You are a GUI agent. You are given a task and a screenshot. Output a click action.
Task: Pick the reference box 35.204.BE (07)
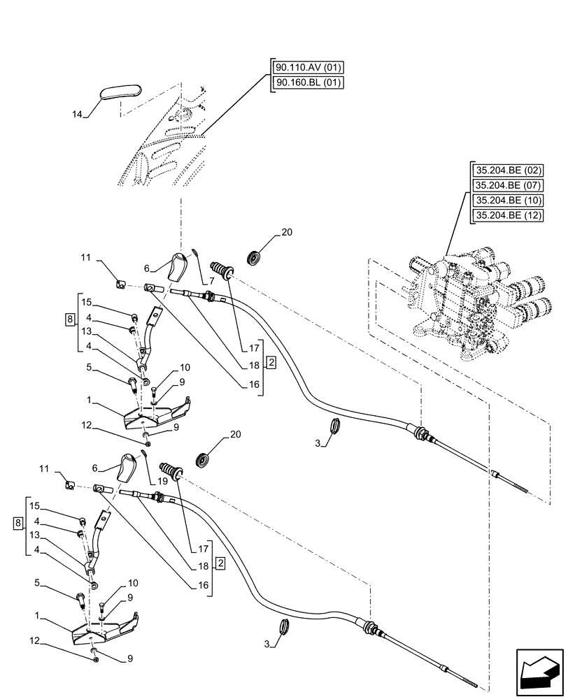(508, 186)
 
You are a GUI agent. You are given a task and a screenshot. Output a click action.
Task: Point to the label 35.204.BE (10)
(508, 201)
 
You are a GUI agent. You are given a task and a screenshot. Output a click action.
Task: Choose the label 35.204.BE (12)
(508, 215)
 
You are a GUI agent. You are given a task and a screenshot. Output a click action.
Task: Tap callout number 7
(212, 280)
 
